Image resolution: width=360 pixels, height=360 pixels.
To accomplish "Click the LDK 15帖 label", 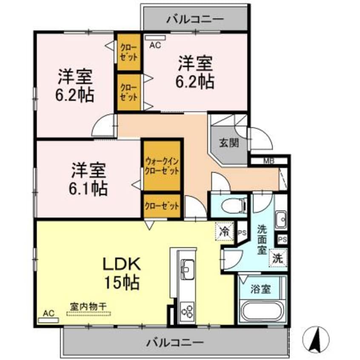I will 121,272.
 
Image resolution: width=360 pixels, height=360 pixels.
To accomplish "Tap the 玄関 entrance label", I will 229,143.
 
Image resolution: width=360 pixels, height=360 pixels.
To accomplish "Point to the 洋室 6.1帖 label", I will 89,179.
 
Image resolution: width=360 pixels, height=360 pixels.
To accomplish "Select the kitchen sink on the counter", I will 187,268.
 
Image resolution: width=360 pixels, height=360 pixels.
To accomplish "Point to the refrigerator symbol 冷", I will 224,232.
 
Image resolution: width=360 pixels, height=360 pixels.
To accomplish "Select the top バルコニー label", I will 195,19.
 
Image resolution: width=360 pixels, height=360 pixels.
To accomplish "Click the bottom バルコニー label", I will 175,342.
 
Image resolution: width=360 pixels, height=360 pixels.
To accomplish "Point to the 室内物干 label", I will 89,306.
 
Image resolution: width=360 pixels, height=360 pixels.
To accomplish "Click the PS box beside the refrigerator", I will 242,232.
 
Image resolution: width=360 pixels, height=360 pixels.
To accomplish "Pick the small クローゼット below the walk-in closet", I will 162,206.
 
